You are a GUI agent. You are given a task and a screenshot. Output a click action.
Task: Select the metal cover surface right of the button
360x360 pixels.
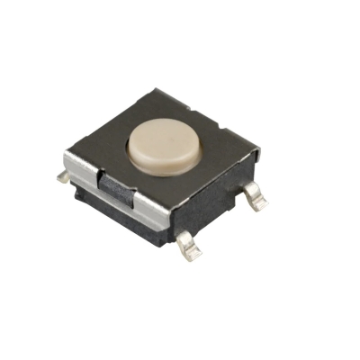(x=216, y=148)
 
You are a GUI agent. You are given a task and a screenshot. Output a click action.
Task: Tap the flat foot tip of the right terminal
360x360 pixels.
(x=262, y=203)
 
